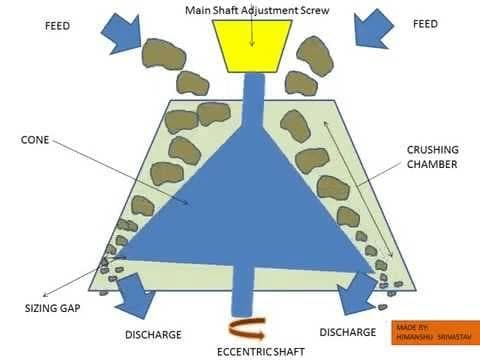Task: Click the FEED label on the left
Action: (58, 24)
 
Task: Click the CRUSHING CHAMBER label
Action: (433, 157)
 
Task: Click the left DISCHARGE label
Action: (154, 332)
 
